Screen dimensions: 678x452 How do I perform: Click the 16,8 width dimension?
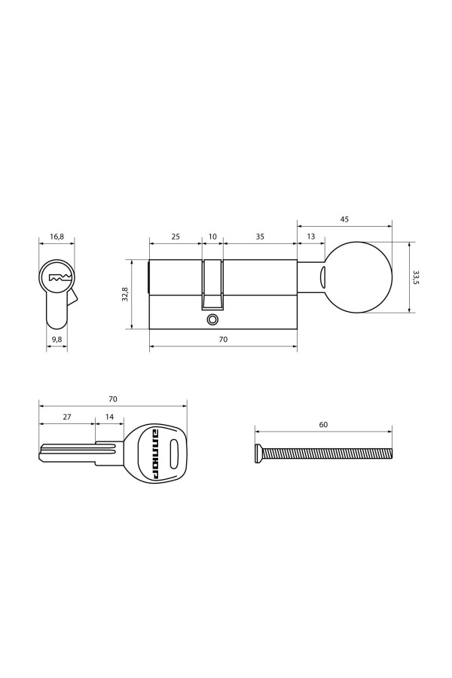pos(57,237)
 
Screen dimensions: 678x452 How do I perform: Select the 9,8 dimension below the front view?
pos(56,340)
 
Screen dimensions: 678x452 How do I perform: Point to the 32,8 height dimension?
pos(127,295)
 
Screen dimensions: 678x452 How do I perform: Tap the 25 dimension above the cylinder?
pos(175,237)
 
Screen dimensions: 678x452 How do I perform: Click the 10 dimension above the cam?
pos(212,237)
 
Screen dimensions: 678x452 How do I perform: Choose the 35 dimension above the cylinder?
pos(260,237)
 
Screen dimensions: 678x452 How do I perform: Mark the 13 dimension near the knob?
pos(311,237)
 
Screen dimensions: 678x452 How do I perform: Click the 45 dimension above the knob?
pos(344,220)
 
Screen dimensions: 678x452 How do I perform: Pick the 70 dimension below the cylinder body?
pos(223,340)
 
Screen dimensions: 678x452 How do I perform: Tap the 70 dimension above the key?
pos(112,399)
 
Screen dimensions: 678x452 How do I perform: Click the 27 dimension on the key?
pos(66,417)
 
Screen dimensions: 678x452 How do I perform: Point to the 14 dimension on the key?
pos(110,417)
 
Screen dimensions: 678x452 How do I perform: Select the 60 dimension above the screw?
pos(323,425)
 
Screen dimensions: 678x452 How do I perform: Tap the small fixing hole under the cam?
pos(212,319)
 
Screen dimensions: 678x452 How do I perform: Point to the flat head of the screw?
pos(258,454)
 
